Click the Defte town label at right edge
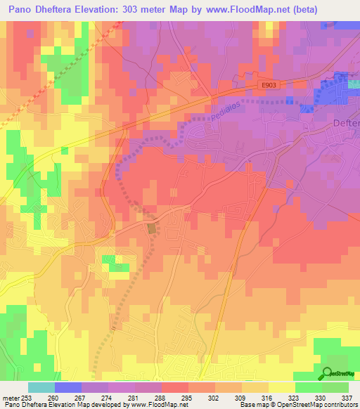345,123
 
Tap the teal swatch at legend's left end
41,387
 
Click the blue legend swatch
68,387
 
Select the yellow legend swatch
281,387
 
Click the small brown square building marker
152,228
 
